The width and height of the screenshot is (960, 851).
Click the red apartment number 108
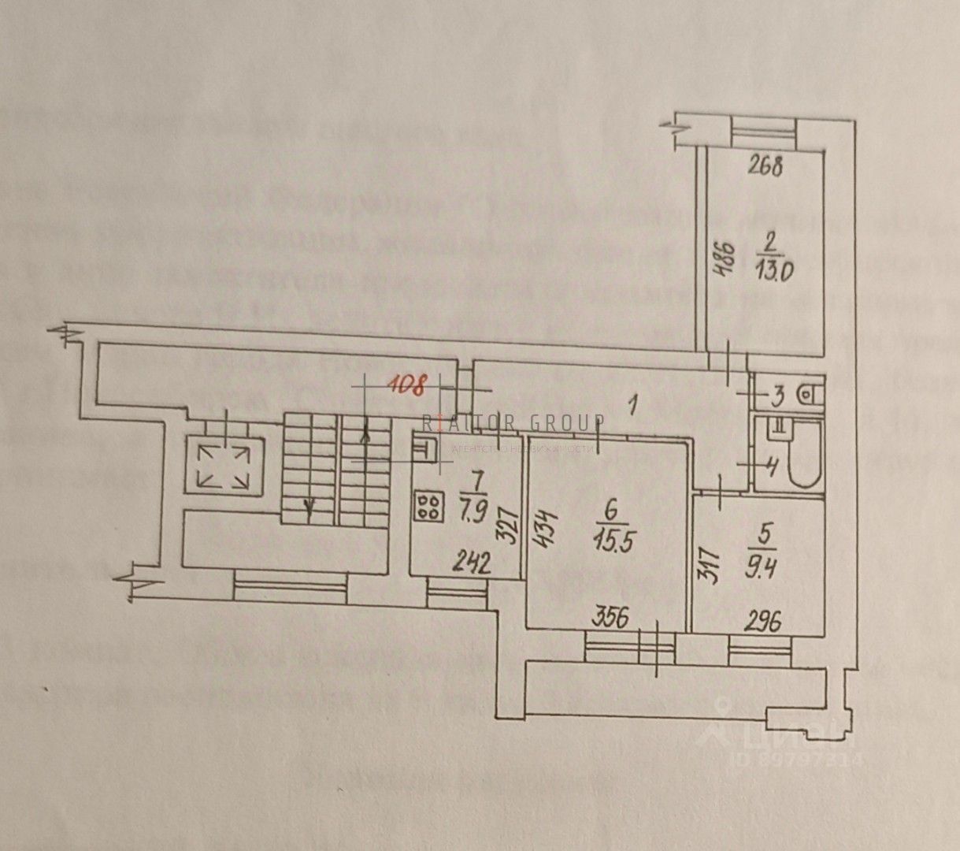[x=408, y=386]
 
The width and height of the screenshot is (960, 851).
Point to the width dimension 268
[x=765, y=167]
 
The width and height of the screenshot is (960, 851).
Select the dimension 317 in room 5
[x=709, y=561]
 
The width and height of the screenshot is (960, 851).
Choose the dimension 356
[x=610, y=618]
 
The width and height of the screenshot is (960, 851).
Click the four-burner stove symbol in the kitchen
[x=428, y=505]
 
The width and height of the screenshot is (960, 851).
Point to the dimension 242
[x=470, y=563]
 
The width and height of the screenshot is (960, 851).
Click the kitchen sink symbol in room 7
[x=428, y=447]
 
